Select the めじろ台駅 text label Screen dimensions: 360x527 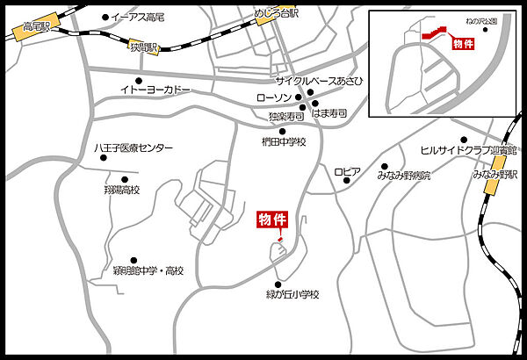pos(274,15)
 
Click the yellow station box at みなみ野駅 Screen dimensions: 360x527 pos(499,166)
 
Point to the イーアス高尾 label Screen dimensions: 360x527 pos(137,17)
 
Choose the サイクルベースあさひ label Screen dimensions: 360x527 pos(320,81)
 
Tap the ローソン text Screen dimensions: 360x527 pos(273,97)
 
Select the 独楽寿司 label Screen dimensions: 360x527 pos(286,115)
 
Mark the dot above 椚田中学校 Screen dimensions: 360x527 pos(282,132)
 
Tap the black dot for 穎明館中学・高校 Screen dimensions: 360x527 pos(134,260)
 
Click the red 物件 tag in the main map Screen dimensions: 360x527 pos(271,220)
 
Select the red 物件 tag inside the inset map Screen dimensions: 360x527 pos(462,43)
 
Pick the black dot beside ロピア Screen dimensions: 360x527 pos(348,182)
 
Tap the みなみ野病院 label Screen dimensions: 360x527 pos(404,176)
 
